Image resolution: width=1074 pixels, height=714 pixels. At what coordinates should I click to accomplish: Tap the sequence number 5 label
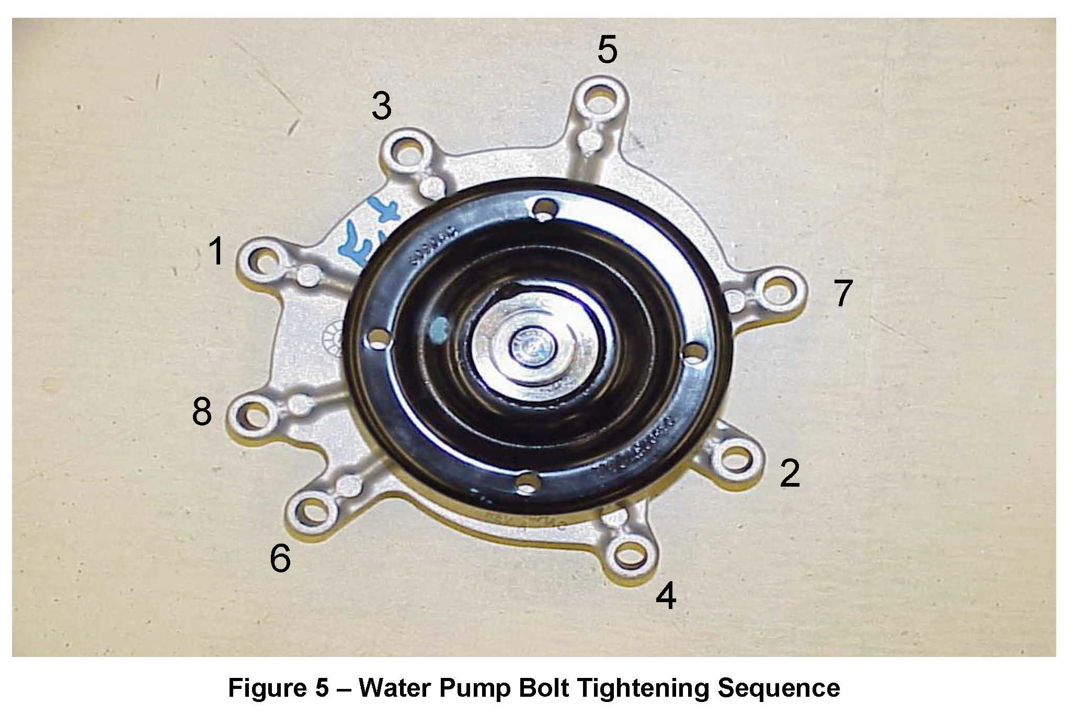607,50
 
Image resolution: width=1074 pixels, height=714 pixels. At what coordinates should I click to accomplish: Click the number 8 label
202,411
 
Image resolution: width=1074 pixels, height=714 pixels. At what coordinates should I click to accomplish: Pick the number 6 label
280,558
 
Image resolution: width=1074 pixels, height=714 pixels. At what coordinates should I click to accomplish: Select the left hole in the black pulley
378,342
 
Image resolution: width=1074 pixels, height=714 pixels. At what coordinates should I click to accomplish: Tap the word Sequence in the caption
779,688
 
